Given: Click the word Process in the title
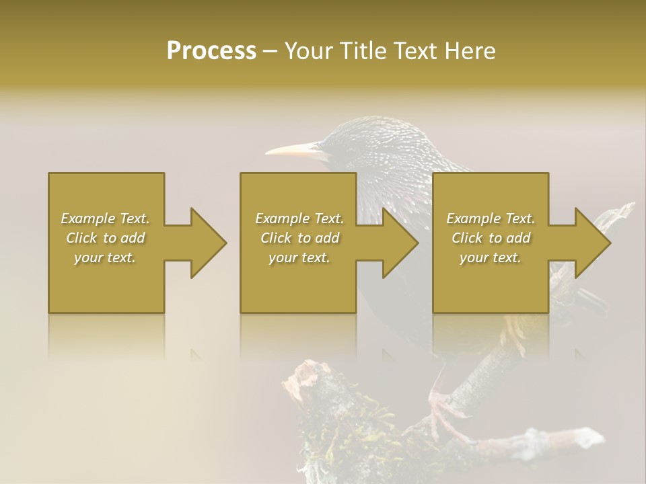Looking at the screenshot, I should click(211, 50).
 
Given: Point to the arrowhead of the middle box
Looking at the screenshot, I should click(400, 243).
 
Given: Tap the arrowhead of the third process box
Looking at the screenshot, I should click(592, 243).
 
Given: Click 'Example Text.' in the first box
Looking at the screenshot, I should click(105, 218).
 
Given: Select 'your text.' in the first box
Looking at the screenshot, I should click(105, 257).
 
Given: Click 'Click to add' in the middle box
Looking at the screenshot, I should click(299, 238).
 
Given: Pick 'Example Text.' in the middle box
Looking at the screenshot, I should click(299, 218).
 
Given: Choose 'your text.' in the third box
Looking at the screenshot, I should click(491, 257).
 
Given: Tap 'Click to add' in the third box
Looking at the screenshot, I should click(491, 238).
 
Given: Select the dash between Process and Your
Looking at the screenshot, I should click(270, 52).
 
